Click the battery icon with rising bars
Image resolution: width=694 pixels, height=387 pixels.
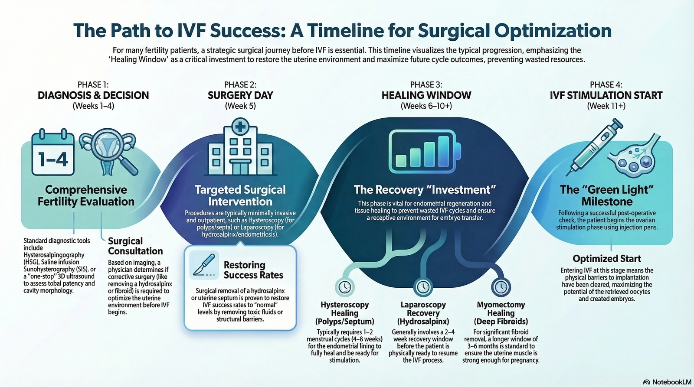425,151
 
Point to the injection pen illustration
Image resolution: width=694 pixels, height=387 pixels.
595,147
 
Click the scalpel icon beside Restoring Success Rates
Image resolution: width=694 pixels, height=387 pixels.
204,265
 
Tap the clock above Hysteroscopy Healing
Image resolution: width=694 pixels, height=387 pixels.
344,287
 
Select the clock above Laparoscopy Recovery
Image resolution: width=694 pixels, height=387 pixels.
423,287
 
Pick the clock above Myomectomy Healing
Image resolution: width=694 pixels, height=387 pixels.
501,287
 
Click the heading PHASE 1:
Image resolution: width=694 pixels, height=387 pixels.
93,85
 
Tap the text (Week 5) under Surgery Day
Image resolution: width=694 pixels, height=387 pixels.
240,106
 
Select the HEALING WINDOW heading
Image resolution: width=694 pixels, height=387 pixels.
426,95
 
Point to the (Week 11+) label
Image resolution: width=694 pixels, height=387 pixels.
606,106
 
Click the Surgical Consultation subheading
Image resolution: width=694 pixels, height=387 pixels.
135,246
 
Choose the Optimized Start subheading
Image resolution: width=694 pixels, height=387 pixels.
607,259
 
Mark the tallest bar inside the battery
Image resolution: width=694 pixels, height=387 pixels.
444,151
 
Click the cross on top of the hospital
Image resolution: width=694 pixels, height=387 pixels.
240,126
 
